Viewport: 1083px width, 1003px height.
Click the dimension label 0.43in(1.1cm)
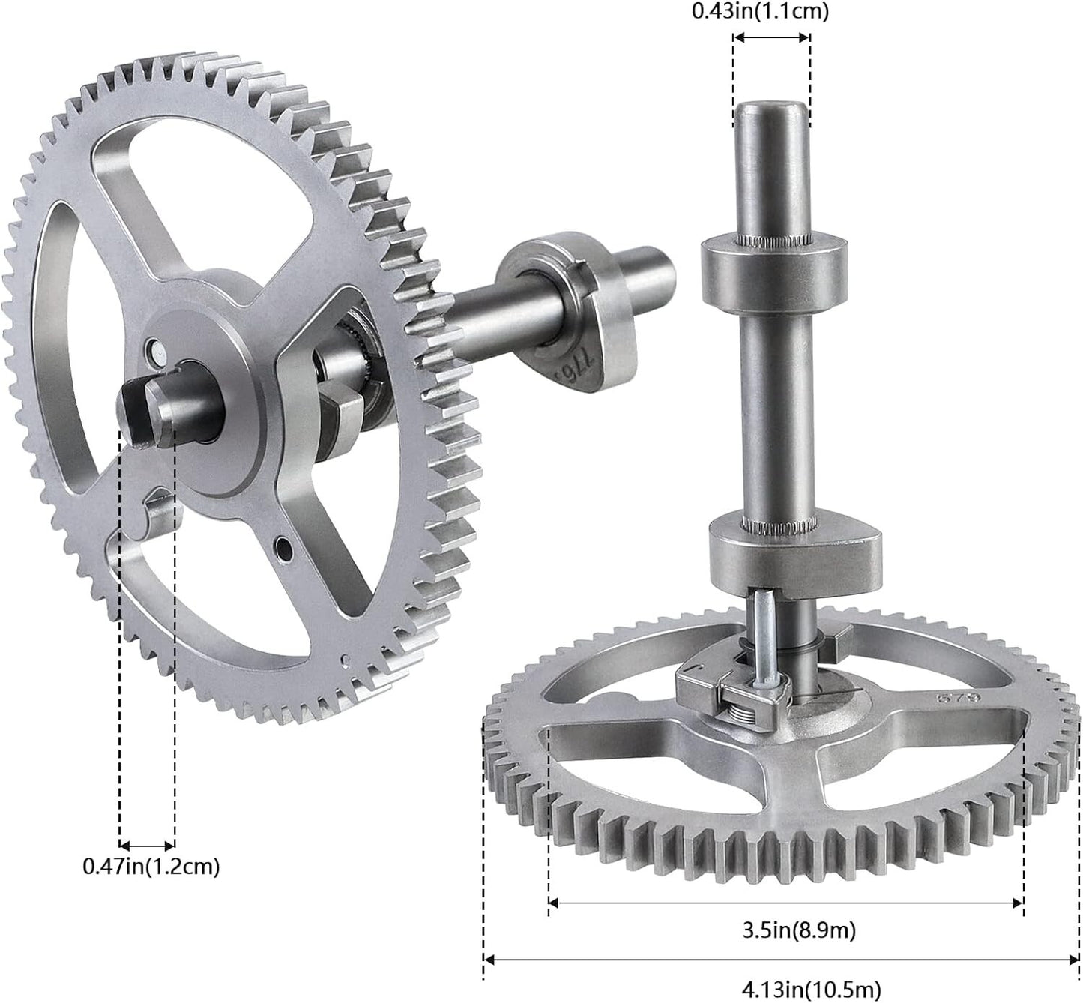point(760,12)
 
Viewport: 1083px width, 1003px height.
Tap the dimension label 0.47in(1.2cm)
point(151,866)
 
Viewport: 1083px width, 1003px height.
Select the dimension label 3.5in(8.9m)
point(799,930)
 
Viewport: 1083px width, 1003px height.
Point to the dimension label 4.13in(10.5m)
point(811,988)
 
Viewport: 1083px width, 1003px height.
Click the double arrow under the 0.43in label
point(771,37)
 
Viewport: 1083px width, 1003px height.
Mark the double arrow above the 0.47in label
point(147,846)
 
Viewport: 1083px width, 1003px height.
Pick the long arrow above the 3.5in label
point(785,903)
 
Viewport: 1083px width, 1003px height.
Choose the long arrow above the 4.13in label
point(781,960)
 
